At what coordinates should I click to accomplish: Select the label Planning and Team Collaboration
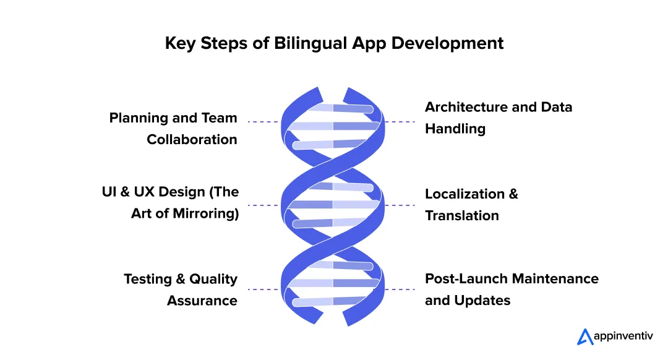click(x=174, y=129)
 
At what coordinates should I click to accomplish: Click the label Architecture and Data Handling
click(x=499, y=118)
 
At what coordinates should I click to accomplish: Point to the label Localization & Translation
click(x=471, y=205)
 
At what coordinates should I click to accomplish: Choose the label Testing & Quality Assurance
click(x=181, y=289)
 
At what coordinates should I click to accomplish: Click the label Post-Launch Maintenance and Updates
click(x=511, y=289)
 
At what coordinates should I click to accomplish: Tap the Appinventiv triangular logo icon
click(x=584, y=336)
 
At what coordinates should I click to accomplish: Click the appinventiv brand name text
click(x=624, y=336)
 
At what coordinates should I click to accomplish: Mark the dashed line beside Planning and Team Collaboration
click(x=263, y=122)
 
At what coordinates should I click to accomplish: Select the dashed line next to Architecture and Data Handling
click(x=400, y=122)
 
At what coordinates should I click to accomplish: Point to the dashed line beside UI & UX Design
click(x=263, y=205)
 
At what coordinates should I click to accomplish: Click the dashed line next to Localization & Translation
click(x=400, y=205)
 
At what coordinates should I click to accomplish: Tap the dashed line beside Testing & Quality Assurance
click(x=263, y=289)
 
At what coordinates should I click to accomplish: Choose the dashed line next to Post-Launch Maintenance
click(x=400, y=289)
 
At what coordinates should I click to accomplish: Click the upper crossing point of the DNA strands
click(x=333, y=162)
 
